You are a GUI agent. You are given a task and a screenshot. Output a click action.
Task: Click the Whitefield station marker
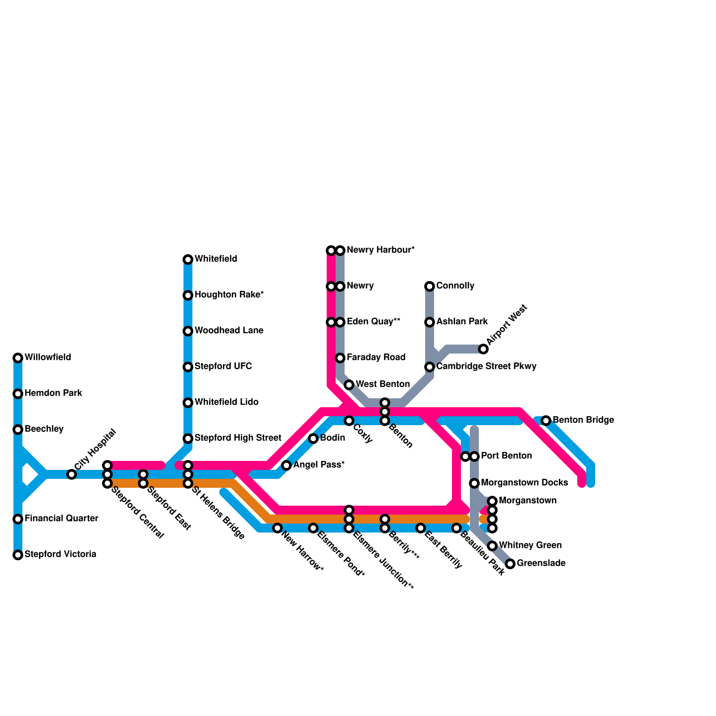click(188, 260)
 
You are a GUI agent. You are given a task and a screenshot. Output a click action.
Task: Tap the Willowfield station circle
click(18, 358)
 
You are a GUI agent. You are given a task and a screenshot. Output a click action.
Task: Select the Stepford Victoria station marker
click(18, 555)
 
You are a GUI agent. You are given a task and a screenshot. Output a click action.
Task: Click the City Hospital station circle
click(72, 474)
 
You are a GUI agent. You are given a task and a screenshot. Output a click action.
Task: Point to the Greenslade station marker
click(510, 564)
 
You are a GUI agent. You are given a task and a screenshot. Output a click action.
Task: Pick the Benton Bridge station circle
click(546, 421)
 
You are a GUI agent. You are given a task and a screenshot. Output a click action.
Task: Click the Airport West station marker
click(483, 349)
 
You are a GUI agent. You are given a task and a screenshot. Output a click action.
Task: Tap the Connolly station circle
click(430, 286)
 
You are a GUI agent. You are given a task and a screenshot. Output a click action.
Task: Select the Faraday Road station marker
click(340, 358)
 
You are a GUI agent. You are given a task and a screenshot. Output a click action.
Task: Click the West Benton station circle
click(349, 385)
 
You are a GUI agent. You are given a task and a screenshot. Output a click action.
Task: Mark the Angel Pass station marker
click(286, 465)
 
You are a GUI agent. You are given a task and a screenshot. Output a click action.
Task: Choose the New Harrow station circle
click(277, 528)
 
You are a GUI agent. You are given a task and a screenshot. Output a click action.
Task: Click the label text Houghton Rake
click(229, 295)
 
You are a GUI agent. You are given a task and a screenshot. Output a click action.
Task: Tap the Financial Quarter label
click(61, 519)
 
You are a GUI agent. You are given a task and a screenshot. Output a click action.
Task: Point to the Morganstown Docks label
click(524, 483)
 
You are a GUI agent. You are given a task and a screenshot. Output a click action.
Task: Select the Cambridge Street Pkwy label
click(486, 367)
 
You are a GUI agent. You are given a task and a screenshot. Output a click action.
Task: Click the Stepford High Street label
click(238, 438)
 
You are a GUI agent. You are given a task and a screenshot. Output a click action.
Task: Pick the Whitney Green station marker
click(492, 546)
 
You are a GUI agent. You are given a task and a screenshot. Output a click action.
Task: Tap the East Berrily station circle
click(421, 528)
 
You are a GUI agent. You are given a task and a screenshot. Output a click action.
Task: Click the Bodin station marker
click(313, 439)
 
